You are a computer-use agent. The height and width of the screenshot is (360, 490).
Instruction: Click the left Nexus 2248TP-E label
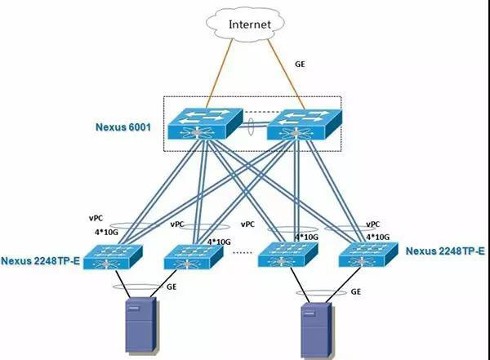point(42,261)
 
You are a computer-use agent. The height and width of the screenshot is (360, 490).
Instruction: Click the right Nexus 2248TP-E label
point(445,251)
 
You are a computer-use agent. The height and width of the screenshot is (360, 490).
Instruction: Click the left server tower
point(138,327)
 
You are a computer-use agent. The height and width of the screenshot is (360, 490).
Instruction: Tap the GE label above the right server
point(356,291)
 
